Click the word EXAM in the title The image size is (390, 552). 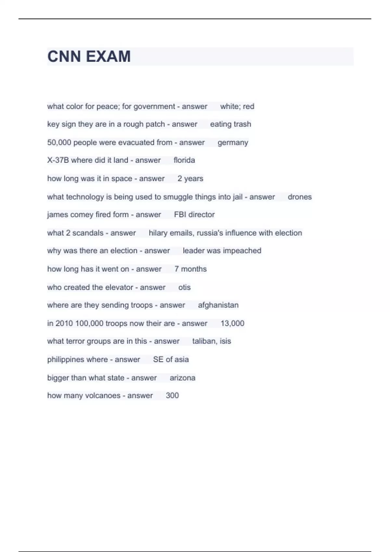(109, 56)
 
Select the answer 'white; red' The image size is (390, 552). (237, 107)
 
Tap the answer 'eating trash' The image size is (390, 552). (230, 124)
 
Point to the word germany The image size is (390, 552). (233, 143)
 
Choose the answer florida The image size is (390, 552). (184, 160)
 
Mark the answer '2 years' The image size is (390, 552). (190, 179)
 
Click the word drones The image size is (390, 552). (300, 197)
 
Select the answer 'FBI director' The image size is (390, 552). (194, 215)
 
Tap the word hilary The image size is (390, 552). (158, 233)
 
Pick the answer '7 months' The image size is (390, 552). (190, 269)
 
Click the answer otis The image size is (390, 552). (184, 287)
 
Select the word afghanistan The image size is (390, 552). (218, 305)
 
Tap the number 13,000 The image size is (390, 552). (232, 323)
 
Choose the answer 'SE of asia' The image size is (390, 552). (171, 359)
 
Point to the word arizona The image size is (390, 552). (182, 378)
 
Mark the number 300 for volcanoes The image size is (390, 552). (172, 395)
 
